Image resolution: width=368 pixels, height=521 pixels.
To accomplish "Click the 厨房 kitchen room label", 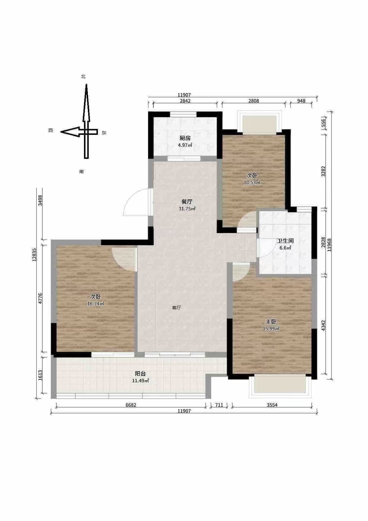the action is (x=185, y=138).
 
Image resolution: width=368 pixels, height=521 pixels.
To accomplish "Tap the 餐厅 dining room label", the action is (x=187, y=202).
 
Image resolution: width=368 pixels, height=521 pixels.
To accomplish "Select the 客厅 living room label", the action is (x=177, y=308).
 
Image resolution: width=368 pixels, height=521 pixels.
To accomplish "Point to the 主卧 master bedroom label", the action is (x=271, y=322).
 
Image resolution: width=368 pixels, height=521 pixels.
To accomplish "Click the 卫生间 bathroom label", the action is (x=285, y=241).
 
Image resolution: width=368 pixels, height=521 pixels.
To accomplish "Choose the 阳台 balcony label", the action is (x=140, y=374).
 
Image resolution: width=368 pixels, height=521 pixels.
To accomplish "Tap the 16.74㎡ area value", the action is (x=96, y=304).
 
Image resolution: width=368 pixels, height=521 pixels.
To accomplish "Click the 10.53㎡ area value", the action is (x=252, y=182).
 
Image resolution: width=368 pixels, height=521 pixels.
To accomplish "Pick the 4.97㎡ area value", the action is (x=185, y=145).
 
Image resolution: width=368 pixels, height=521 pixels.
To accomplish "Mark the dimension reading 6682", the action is (x=131, y=405).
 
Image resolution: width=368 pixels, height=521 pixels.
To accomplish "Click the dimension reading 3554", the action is (x=272, y=405).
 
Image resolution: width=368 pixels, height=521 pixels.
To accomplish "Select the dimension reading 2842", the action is (x=185, y=101).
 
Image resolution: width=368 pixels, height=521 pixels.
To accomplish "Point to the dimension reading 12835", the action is (x=35, y=255).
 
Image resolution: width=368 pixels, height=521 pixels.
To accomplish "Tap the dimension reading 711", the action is (x=219, y=405).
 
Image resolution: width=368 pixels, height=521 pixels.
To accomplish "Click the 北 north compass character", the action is (x=83, y=77).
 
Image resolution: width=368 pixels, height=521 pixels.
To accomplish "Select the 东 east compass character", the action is (x=104, y=133).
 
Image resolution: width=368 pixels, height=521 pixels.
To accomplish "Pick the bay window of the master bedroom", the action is (x=280, y=386).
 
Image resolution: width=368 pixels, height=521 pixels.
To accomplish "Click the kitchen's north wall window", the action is (x=183, y=114).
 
